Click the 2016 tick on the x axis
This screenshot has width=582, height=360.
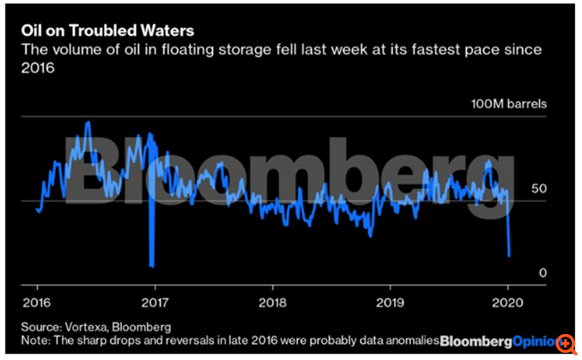click(x=37, y=301)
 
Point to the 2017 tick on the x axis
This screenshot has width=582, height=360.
click(x=155, y=301)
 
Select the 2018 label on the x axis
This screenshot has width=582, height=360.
click(x=271, y=301)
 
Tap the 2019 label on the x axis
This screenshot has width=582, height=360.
click(x=389, y=301)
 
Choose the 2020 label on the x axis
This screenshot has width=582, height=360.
click(x=507, y=301)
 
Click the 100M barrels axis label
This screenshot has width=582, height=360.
click(x=509, y=104)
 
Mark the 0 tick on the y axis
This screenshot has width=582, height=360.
click(x=542, y=272)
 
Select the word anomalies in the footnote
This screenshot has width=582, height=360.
click(x=409, y=341)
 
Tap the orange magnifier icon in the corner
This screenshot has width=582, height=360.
click(x=567, y=343)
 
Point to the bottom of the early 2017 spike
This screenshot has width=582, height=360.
click(x=152, y=266)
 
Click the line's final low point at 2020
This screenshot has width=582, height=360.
click(x=509, y=256)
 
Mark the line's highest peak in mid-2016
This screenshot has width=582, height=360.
click(x=87, y=123)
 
